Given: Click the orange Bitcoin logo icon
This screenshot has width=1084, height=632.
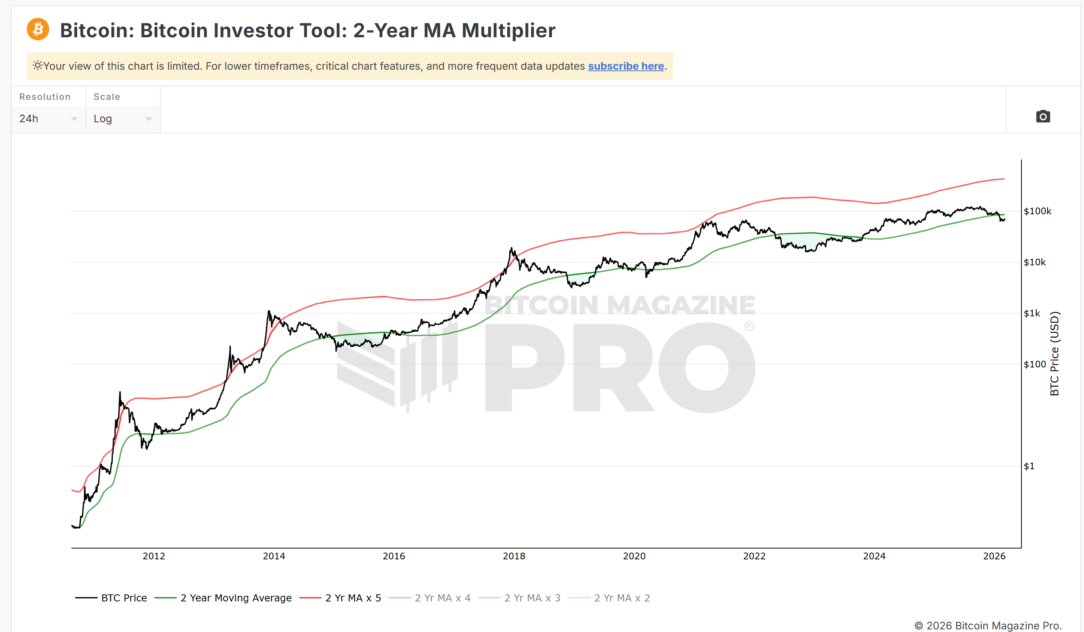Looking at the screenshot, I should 38,29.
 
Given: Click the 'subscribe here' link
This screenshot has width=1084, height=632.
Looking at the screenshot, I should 626,66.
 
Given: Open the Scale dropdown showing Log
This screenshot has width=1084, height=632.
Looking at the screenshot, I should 122,118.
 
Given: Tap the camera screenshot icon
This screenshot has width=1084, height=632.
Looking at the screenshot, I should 1043,116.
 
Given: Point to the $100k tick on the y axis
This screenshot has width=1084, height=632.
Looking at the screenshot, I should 1037,211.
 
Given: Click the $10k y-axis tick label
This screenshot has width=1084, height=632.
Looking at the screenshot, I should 1034,262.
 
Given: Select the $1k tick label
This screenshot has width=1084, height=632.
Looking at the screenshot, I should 1032,313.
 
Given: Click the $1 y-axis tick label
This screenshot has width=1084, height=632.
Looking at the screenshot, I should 1029,466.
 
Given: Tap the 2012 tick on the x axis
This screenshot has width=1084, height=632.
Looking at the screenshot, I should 154,556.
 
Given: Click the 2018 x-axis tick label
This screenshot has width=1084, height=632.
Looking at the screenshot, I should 514,556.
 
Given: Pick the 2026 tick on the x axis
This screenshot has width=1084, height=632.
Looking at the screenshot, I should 994,556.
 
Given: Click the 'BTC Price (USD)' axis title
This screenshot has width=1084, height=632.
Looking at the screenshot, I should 1054,353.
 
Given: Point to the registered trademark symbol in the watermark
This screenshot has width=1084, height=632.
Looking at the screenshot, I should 749,326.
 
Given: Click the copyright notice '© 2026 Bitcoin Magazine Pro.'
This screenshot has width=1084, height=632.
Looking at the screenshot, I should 988,625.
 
